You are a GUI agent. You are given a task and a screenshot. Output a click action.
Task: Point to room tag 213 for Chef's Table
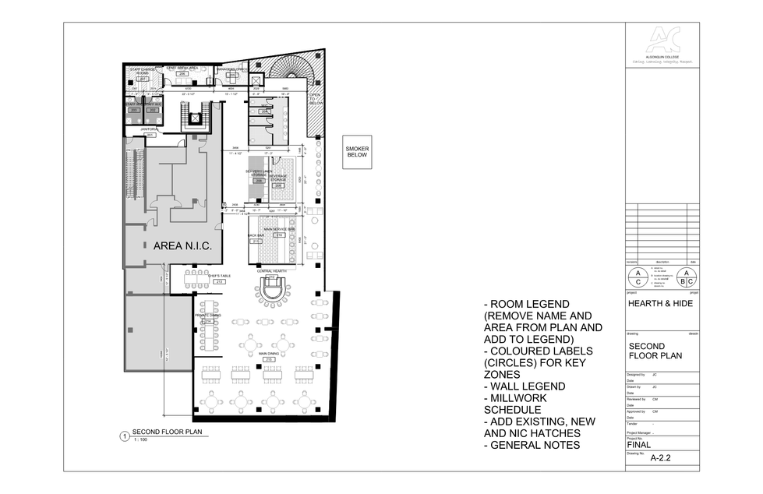point(219,281)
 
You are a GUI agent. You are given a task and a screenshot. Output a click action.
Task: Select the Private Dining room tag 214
point(207,321)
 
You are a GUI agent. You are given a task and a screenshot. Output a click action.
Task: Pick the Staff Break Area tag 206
point(182,73)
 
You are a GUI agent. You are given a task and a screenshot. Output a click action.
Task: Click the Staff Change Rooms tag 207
point(143,79)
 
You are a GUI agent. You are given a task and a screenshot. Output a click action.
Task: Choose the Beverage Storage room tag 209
point(278,185)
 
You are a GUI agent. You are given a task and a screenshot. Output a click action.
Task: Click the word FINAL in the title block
point(640,446)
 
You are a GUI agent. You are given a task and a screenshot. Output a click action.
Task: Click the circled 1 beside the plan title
point(123,436)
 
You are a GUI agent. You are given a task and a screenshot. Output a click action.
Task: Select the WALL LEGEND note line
point(525,386)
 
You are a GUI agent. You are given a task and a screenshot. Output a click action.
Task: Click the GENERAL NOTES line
point(532,445)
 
